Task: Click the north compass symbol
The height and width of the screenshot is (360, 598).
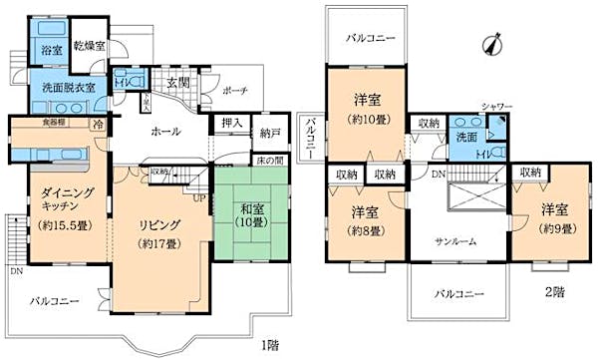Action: pyautogui.click(x=486, y=43)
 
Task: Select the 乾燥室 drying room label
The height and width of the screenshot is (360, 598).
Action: pyautogui.click(x=90, y=48)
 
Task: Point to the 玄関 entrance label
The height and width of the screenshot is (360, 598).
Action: pyautogui.click(x=177, y=81)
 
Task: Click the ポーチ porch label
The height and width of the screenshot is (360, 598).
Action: pyautogui.click(x=235, y=90)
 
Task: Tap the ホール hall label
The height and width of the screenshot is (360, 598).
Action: pyautogui.click(x=166, y=131)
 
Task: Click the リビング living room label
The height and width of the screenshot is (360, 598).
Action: pyautogui.click(x=157, y=224)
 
